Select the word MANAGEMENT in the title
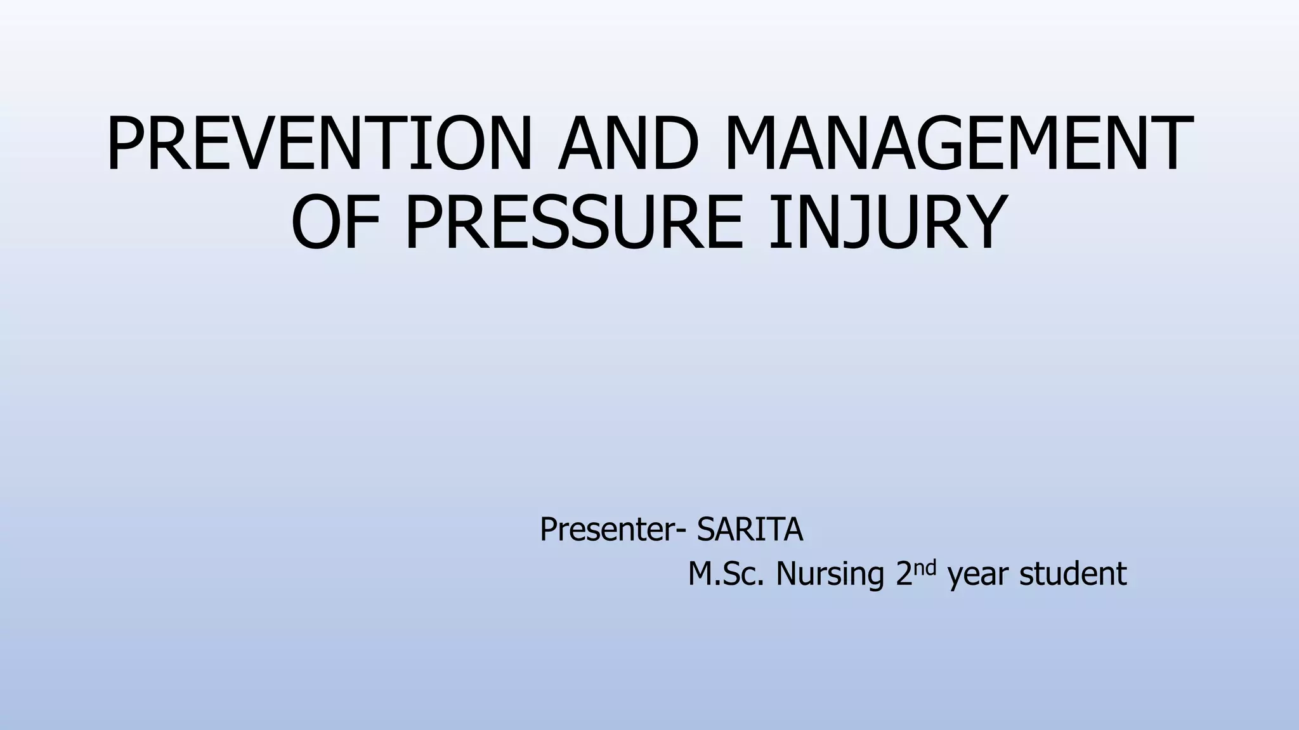[958, 144]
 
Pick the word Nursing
[830, 574]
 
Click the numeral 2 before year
[904, 574]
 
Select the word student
[1073, 574]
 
